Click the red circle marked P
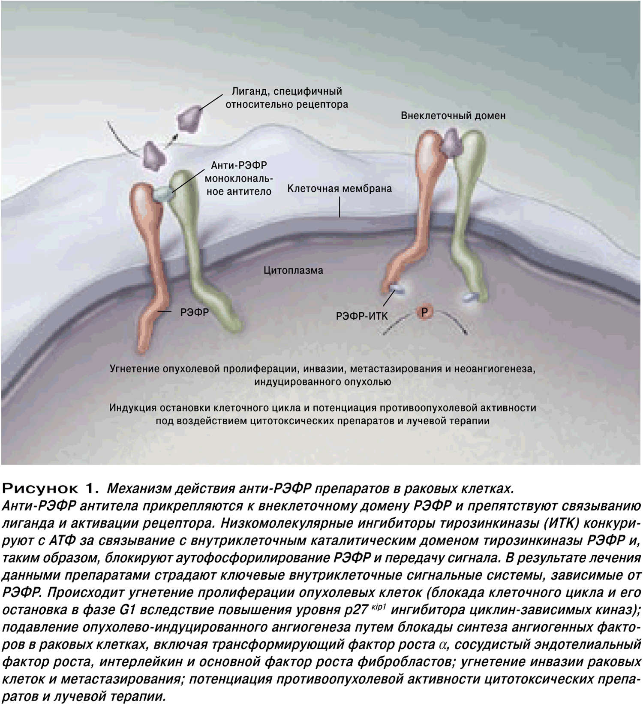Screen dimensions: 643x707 (x=424, y=312)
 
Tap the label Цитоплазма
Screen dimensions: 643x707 (x=293, y=271)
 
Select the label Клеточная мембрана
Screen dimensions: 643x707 (x=340, y=189)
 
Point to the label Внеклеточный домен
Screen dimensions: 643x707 (x=453, y=115)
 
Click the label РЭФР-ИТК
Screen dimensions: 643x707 (x=362, y=316)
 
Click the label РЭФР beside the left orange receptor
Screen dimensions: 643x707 (x=195, y=312)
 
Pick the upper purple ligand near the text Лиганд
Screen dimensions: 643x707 (x=189, y=117)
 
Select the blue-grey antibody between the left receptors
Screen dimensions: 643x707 (x=164, y=194)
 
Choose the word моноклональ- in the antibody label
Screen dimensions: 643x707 (x=239, y=178)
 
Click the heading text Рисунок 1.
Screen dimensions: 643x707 (x=51, y=488)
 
